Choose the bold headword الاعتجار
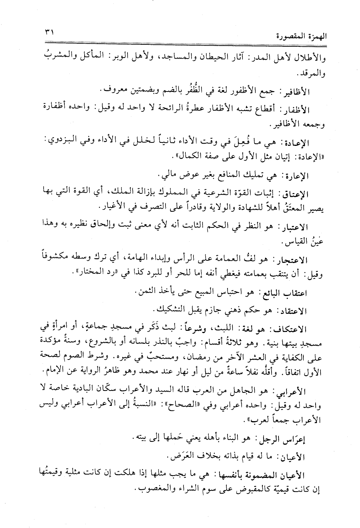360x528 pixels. tap(295, 261)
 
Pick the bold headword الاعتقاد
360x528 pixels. tap(295, 311)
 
